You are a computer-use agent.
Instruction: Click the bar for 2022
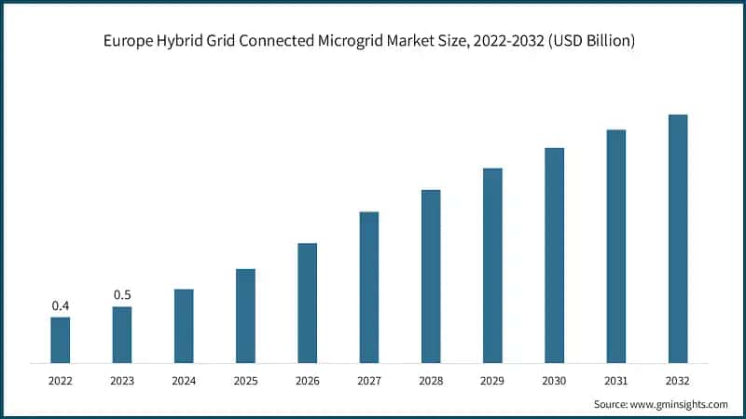61,340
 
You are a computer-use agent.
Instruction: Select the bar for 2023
122,334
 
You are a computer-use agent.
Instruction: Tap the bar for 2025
245,316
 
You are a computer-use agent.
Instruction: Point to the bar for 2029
492,265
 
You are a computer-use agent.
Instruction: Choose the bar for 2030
554,255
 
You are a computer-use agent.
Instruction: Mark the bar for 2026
307,303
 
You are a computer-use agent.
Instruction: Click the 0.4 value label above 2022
61,305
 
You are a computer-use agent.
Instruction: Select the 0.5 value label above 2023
122,294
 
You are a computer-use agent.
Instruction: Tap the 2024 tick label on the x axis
184,381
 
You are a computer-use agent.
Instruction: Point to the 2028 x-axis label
431,381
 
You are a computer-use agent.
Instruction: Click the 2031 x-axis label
615,381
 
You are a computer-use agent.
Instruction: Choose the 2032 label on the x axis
678,381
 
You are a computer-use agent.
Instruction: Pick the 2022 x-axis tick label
61,381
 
